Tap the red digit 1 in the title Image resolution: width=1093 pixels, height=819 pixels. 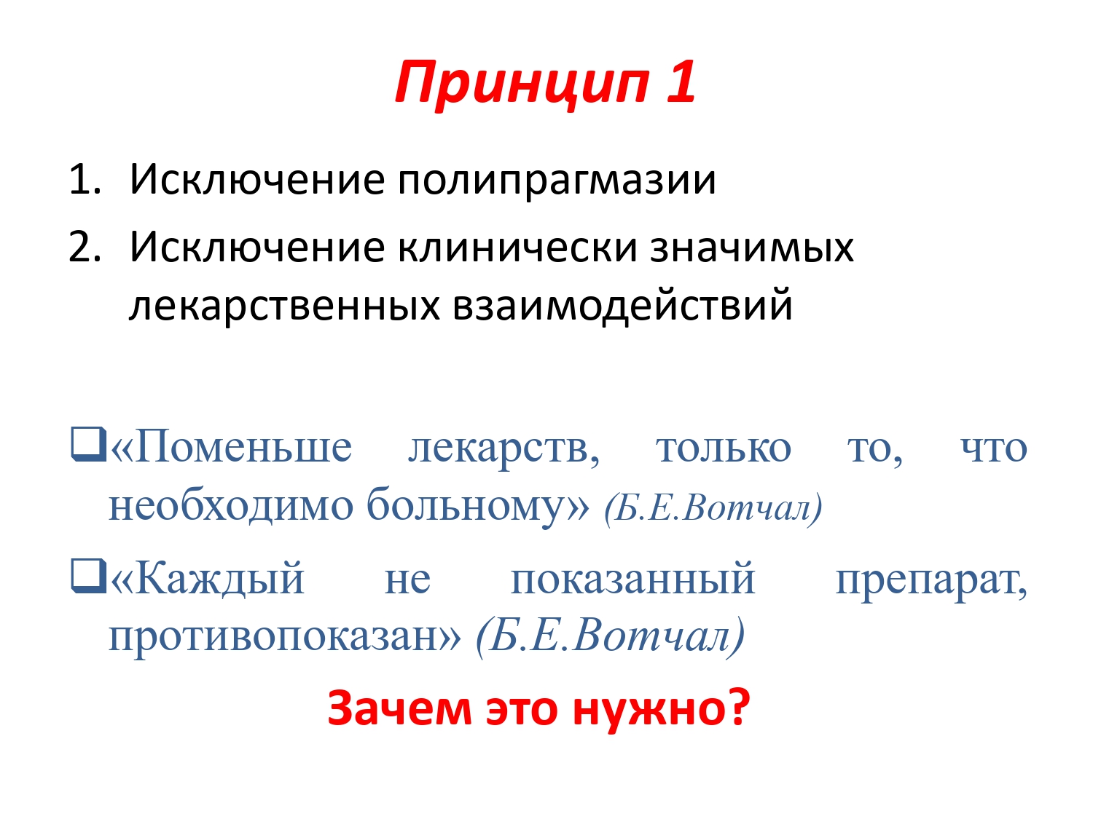pyautogui.click(x=680, y=82)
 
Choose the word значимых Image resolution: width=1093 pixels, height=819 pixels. pyautogui.click(x=752, y=249)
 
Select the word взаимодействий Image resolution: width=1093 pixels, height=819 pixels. pyautogui.click(x=622, y=304)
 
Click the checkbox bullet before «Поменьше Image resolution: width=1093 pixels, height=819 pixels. pyautogui.click(x=89, y=444)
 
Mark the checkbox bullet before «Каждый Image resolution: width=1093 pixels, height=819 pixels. pyautogui.click(x=89, y=576)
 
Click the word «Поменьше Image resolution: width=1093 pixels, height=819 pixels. pyautogui.click(x=231, y=446)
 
